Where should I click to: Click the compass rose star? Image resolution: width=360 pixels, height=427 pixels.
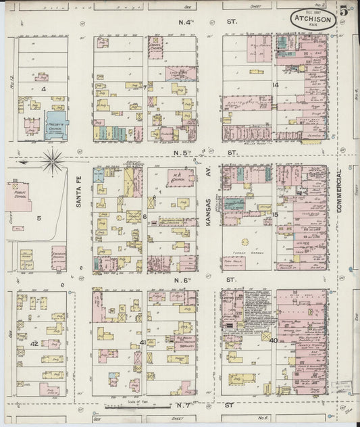point(52,161)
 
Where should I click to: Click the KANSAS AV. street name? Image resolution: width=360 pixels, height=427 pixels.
point(209,201)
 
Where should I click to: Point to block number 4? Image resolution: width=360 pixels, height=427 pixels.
point(43,89)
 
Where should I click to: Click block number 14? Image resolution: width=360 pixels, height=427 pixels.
point(275,85)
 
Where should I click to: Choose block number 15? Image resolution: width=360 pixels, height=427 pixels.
point(275,215)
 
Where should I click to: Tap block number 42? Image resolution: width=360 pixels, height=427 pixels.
point(34,344)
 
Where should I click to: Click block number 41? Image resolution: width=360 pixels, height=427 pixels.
point(143,343)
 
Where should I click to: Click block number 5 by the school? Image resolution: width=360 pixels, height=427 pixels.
point(39,218)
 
